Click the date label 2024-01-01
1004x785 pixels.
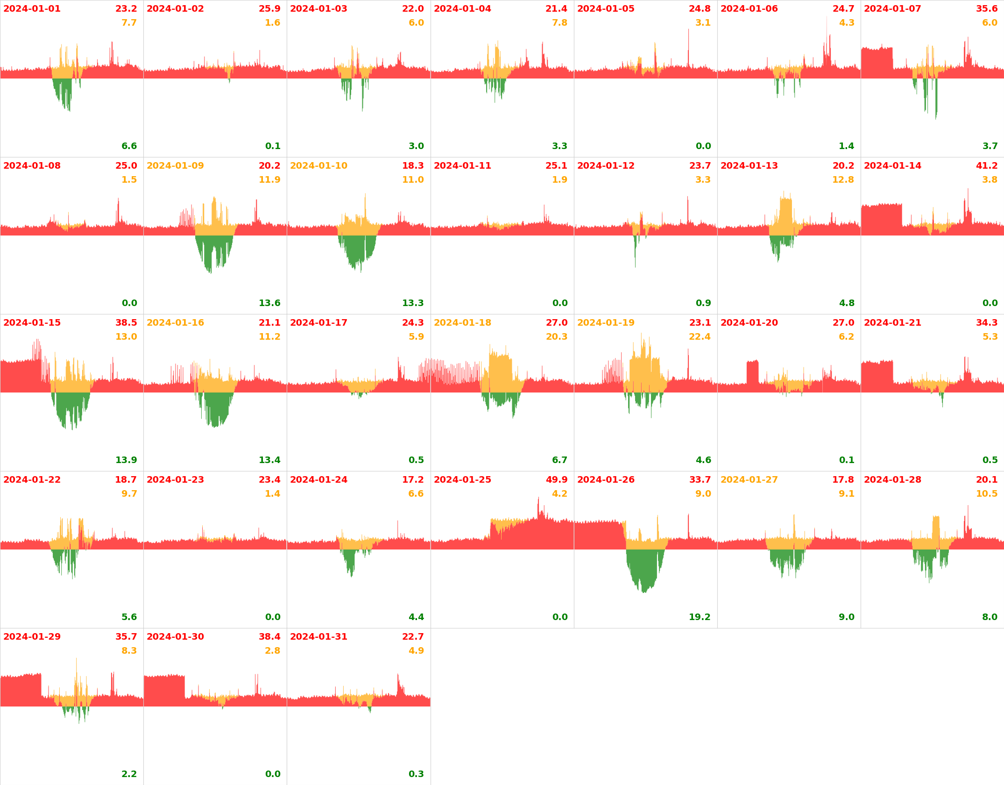coord(32,9)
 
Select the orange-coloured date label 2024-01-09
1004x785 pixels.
coord(175,166)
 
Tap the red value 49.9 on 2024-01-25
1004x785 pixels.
coord(557,480)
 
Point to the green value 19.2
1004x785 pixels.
coord(700,617)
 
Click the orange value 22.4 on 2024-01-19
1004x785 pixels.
coord(700,337)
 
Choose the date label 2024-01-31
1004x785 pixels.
coord(318,637)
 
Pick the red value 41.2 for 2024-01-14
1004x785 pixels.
coord(987,166)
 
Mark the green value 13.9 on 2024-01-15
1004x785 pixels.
coord(126,460)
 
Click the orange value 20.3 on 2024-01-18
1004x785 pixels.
coord(557,337)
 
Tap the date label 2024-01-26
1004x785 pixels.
coord(606,480)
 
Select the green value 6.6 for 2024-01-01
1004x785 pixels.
coord(129,146)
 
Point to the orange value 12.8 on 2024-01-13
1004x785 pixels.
coord(843,180)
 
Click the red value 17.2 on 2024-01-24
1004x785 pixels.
coord(413,480)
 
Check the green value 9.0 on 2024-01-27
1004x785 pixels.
coord(847,617)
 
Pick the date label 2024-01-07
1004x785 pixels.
coord(892,9)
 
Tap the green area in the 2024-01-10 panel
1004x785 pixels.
coord(357,250)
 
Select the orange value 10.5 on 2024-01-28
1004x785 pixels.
coord(987,494)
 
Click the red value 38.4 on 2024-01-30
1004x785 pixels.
coord(269,637)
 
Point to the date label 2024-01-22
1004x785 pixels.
coord(32,480)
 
